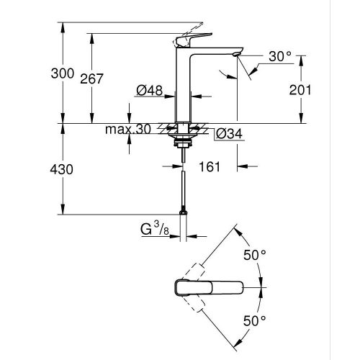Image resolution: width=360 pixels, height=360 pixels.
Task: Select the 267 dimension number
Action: (106, 79)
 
